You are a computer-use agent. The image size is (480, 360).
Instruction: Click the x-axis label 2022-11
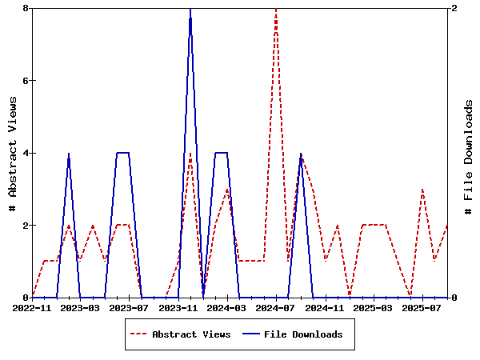click(x=33, y=307)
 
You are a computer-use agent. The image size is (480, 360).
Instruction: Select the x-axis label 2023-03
click(x=81, y=307)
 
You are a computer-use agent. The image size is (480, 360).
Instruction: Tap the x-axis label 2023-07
click(x=130, y=307)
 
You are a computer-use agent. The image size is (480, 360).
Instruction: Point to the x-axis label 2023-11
click(x=178, y=307)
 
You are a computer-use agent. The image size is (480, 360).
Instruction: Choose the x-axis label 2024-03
click(x=228, y=307)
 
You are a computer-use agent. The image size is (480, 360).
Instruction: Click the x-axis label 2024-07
click(x=277, y=307)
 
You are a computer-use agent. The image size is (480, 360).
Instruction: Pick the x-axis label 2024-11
click(x=326, y=307)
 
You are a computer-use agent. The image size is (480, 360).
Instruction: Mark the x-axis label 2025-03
click(x=374, y=307)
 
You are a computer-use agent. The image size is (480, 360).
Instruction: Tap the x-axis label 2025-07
click(x=422, y=307)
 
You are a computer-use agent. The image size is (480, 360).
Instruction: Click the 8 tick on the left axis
click(x=26, y=8)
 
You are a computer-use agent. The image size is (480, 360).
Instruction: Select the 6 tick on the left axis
click(x=26, y=81)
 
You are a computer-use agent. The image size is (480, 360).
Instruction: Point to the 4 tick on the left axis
click(x=26, y=153)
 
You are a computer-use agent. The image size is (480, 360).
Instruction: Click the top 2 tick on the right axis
click(x=454, y=8)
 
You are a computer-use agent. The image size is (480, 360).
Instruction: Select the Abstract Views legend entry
click(x=191, y=334)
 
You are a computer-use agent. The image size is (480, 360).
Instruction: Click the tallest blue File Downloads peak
click(x=190, y=10)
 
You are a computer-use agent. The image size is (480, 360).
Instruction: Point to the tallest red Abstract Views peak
click(x=276, y=10)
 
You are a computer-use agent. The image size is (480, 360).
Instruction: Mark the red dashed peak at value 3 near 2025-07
click(x=422, y=190)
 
